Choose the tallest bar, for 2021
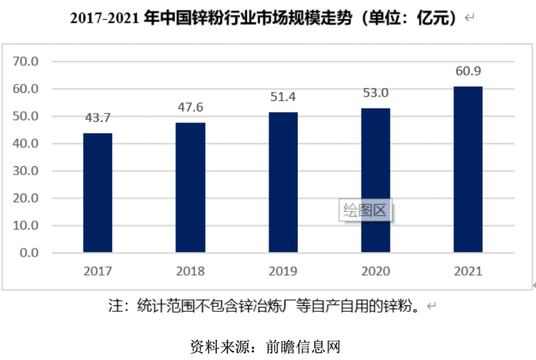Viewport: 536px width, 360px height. point(468,169)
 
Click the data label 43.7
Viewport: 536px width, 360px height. point(98,118)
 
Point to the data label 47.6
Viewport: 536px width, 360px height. point(191,107)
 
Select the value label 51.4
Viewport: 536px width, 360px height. point(283,97)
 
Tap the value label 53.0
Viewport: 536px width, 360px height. point(376,93)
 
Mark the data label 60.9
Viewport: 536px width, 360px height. point(468,71)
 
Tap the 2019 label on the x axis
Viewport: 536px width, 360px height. point(283,271)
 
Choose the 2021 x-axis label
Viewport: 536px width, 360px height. point(468,271)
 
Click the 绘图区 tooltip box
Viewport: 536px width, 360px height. point(365,211)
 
